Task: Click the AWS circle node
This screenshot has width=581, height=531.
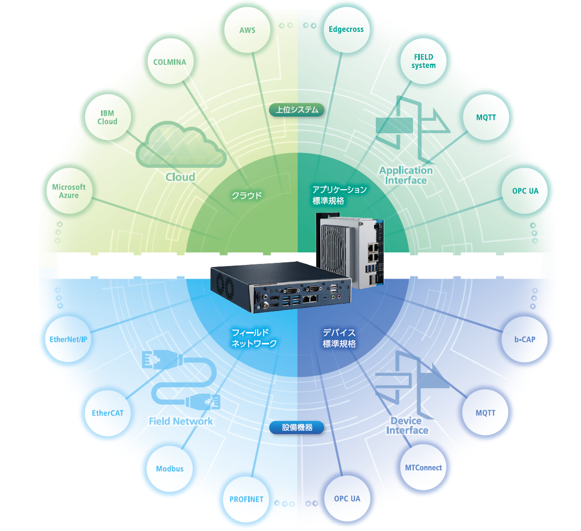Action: [247, 30]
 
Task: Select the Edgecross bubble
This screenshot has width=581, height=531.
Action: [346, 30]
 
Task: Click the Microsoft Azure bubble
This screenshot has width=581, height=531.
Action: [69, 191]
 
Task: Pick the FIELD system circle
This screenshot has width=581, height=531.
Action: [423, 62]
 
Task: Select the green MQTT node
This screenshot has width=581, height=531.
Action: [486, 118]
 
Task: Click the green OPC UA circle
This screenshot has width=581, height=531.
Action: [525, 191]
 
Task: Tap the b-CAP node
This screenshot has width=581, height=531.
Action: [525, 339]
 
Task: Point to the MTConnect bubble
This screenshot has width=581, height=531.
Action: [423, 468]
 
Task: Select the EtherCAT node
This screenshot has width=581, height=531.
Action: [107, 413]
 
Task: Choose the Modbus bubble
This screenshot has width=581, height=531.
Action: [170, 469]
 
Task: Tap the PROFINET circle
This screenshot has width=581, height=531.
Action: [246, 499]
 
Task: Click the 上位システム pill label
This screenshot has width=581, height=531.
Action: [297, 110]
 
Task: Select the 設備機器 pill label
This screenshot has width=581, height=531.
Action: [297, 428]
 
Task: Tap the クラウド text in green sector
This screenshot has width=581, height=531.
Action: [247, 196]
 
